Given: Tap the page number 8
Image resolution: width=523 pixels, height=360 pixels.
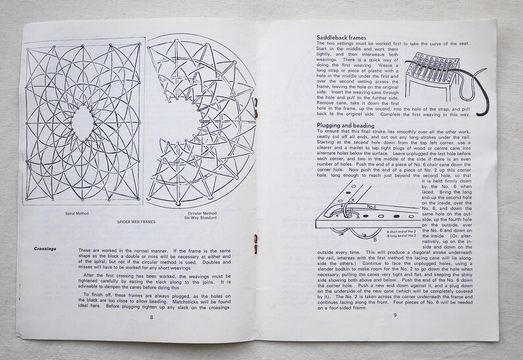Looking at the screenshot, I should click(x=151, y=317).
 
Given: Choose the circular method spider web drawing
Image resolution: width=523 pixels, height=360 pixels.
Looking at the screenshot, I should click(x=198, y=118).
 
